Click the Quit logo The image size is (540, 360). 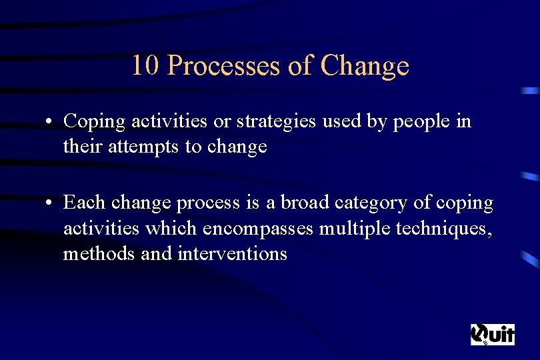[493, 334]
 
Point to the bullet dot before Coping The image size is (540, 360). [50, 122]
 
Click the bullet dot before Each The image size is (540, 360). [50, 203]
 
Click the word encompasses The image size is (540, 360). [259, 228]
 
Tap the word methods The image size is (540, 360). [95, 253]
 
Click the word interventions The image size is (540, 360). [232, 253]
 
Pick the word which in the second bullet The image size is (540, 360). [170, 228]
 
